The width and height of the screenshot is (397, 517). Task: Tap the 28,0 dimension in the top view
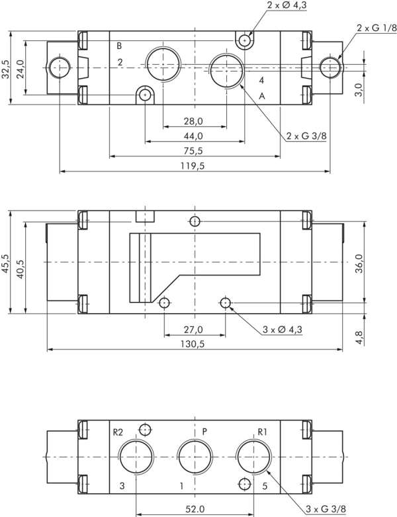click(x=193, y=121)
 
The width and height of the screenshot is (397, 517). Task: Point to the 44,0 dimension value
click(x=193, y=136)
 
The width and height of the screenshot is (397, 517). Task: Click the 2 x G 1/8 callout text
click(x=376, y=28)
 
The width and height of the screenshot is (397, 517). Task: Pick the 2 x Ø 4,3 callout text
click(x=287, y=5)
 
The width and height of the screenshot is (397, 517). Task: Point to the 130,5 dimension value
click(x=194, y=344)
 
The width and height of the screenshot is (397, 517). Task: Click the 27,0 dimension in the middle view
click(x=194, y=329)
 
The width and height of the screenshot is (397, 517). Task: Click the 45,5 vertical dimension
click(x=5, y=262)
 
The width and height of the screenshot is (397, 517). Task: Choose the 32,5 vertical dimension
click(x=5, y=68)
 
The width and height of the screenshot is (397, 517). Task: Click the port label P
click(x=205, y=431)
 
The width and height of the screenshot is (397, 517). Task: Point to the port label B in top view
click(x=119, y=46)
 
